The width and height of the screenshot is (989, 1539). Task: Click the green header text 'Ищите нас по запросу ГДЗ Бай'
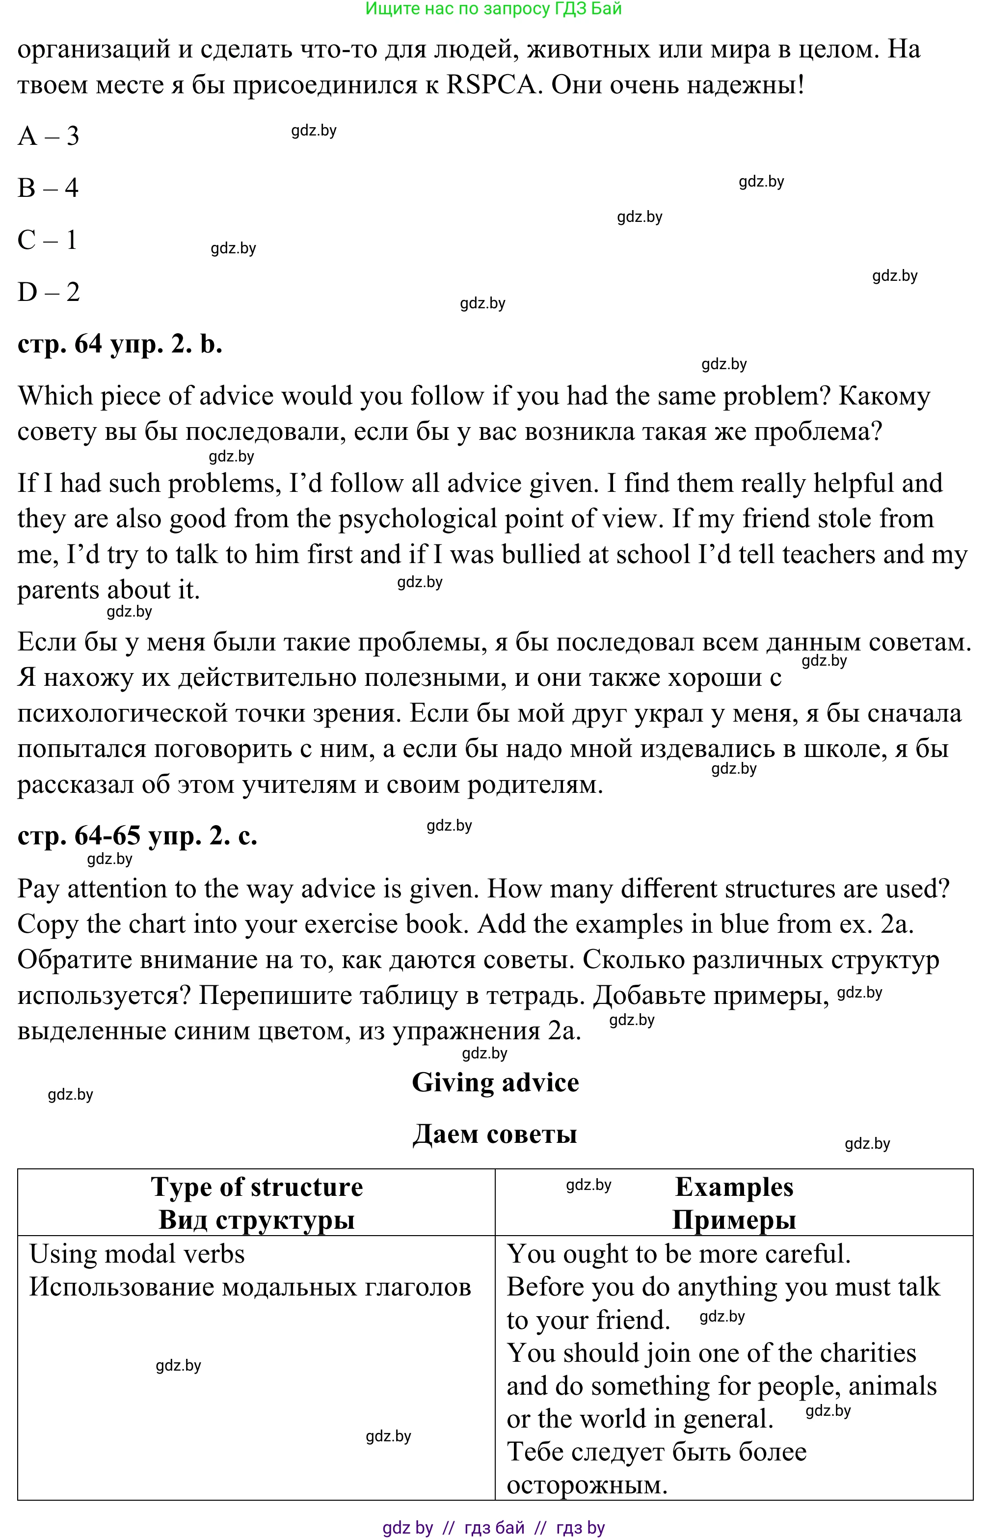[x=493, y=9]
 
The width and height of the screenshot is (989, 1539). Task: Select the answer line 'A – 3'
[x=48, y=136]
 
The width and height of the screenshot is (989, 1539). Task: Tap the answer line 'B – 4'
[x=48, y=188]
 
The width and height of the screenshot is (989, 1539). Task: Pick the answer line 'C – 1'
[x=48, y=240]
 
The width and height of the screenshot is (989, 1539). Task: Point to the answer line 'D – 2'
[x=48, y=292]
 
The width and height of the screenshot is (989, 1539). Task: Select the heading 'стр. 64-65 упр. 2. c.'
[x=137, y=836]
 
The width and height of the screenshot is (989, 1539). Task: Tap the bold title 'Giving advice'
[x=495, y=1083]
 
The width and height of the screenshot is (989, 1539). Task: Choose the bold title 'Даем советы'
[x=495, y=1134]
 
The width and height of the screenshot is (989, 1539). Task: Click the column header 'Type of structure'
[x=257, y=1188]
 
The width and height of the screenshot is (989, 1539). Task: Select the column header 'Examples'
[x=734, y=1188]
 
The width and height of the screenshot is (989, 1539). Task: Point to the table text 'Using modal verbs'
[x=137, y=1254]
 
